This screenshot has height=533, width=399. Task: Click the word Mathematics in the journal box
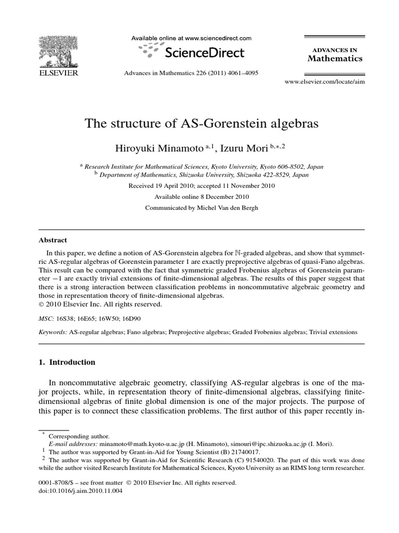(335, 58)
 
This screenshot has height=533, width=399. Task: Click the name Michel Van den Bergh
(227, 208)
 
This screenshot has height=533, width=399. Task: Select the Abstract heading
(53, 240)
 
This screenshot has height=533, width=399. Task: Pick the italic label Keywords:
(53, 332)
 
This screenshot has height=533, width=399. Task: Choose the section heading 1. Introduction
(67, 362)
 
